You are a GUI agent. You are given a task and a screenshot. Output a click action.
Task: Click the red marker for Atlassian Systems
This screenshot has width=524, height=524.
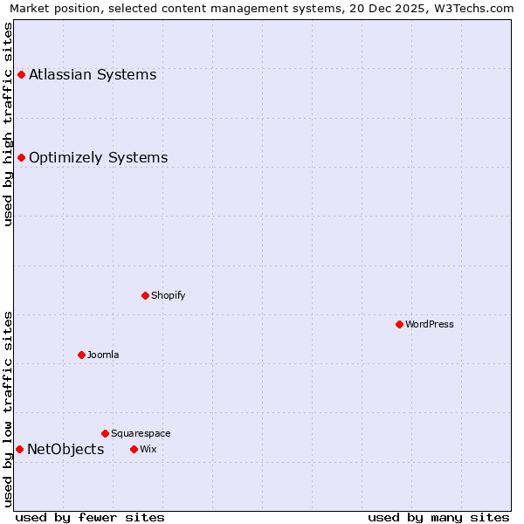coord(21,75)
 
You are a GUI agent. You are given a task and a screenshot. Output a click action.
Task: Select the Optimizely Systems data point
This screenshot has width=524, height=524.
coord(21,158)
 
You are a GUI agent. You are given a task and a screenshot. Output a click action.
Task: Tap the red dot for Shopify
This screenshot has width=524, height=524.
coord(145,295)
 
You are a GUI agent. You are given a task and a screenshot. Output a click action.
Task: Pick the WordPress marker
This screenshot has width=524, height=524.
coord(399,324)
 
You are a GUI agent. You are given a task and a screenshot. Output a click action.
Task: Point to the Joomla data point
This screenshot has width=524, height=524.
coord(81,355)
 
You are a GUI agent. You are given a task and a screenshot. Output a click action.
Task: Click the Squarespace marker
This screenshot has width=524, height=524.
coord(105,433)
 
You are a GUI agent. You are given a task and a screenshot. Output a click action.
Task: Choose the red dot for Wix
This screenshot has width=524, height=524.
coord(134,449)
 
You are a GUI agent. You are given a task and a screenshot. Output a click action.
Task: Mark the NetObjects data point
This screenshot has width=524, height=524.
coord(19,449)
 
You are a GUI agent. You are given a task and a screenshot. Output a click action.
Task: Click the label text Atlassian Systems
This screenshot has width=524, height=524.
coord(93,75)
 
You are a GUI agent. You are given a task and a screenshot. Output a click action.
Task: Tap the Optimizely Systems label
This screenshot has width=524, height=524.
coord(98,158)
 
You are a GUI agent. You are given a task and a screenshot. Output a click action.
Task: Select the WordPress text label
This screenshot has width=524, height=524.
coord(429,324)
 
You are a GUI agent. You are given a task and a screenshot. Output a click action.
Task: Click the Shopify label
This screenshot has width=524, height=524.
coord(168,295)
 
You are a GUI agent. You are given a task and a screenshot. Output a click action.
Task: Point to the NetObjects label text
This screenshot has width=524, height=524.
coord(65,450)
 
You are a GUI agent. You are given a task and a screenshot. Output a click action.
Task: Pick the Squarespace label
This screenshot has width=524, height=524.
coord(141,433)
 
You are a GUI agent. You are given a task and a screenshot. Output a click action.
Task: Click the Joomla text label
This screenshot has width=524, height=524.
coord(103,355)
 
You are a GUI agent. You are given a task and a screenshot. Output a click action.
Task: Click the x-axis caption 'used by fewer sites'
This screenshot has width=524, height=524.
coord(90,518)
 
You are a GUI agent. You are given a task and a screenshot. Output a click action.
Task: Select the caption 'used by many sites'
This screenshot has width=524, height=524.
coord(438,518)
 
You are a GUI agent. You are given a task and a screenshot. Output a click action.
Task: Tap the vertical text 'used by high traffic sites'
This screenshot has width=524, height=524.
coord(8,124)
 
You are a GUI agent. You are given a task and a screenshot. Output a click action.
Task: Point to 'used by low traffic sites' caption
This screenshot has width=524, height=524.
coord(8,409)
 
